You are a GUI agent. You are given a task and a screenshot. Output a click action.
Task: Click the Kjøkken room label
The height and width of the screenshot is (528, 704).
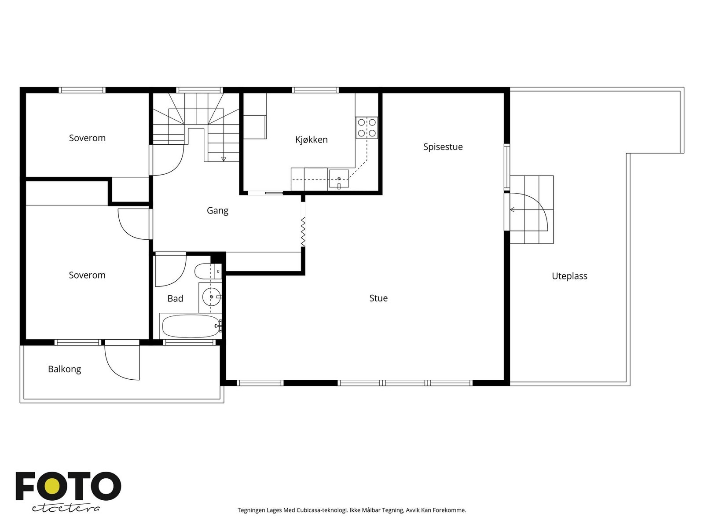pos(311,140)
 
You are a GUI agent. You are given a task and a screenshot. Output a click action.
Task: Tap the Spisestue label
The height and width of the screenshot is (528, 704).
pos(443,147)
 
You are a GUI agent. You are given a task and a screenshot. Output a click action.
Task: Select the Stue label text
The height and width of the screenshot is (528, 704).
pos(378,298)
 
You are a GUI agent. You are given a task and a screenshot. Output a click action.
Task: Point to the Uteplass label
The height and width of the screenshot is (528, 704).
pos(569,276)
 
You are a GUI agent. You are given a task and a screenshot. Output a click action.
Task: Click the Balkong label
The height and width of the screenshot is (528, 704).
pos(64,369)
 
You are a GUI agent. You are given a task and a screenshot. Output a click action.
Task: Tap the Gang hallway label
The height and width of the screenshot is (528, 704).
pos(217,211)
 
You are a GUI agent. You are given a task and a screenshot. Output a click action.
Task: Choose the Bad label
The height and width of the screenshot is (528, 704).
pos(175,298)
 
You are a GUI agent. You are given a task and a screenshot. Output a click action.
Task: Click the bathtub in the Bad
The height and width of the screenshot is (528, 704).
pos(191,326)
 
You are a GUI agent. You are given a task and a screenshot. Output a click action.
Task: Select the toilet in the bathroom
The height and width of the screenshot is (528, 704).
pos(208,271)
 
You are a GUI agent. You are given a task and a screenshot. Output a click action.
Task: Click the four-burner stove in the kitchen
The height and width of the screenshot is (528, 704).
pos(367,128)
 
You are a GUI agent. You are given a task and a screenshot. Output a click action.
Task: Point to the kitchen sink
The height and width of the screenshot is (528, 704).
pos(339,179)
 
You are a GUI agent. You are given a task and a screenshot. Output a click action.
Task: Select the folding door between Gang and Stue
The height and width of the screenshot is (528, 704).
pos(303,232)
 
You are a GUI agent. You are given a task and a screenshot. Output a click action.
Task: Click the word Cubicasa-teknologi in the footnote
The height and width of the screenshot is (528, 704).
pos(322,510)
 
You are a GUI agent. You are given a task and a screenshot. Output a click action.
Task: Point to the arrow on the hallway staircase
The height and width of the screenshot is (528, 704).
pos(224,159)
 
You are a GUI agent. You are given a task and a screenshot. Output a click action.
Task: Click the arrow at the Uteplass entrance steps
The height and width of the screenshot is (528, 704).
pos(512,210)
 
